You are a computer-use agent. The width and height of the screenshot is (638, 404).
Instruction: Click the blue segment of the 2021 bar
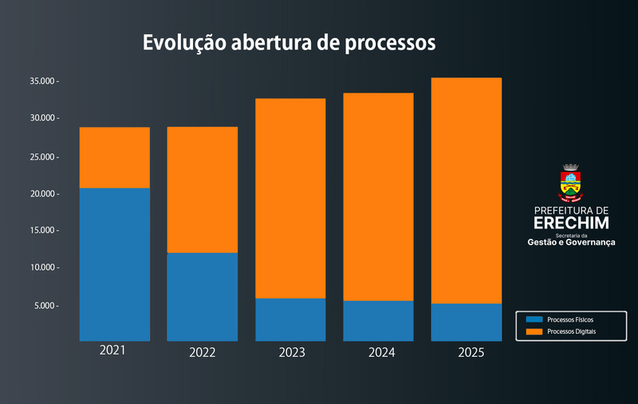point(115,263)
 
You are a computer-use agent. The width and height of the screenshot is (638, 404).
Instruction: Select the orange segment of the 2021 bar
point(115,157)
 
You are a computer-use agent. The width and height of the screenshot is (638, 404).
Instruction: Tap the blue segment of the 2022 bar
point(203,296)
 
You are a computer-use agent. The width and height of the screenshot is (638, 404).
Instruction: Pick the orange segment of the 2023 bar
point(290,198)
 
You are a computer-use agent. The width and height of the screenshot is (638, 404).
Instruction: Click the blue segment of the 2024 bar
point(378,320)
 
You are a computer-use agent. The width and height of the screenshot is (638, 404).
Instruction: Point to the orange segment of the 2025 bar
point(467,190)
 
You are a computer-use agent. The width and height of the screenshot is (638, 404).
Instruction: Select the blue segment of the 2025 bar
point(467,322)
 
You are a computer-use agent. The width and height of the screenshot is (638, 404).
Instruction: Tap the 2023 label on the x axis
point(290,352)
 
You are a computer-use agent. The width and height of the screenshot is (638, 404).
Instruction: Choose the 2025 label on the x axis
point(467,352)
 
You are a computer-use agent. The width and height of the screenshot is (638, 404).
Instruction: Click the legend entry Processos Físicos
point(570,319)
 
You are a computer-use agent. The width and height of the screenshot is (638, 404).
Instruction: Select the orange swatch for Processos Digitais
point(534,331)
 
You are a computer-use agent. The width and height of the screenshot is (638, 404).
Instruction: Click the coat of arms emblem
point(570,183)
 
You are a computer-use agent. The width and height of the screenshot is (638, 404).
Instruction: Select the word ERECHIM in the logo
point(570,221)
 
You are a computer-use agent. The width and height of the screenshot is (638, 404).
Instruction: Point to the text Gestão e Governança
point(571,242)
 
